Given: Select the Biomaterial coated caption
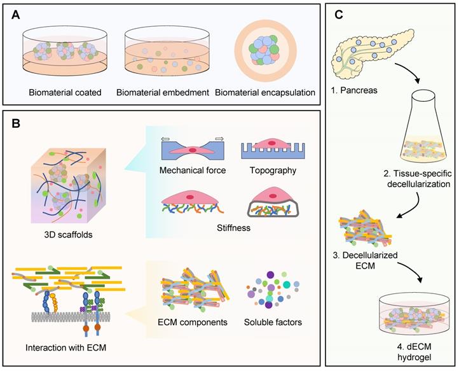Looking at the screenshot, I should point(65,92).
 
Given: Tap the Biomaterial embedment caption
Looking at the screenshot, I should point(164,92).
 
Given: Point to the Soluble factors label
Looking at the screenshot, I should point(274,322).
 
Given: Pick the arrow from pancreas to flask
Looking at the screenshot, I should point(408,81).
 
